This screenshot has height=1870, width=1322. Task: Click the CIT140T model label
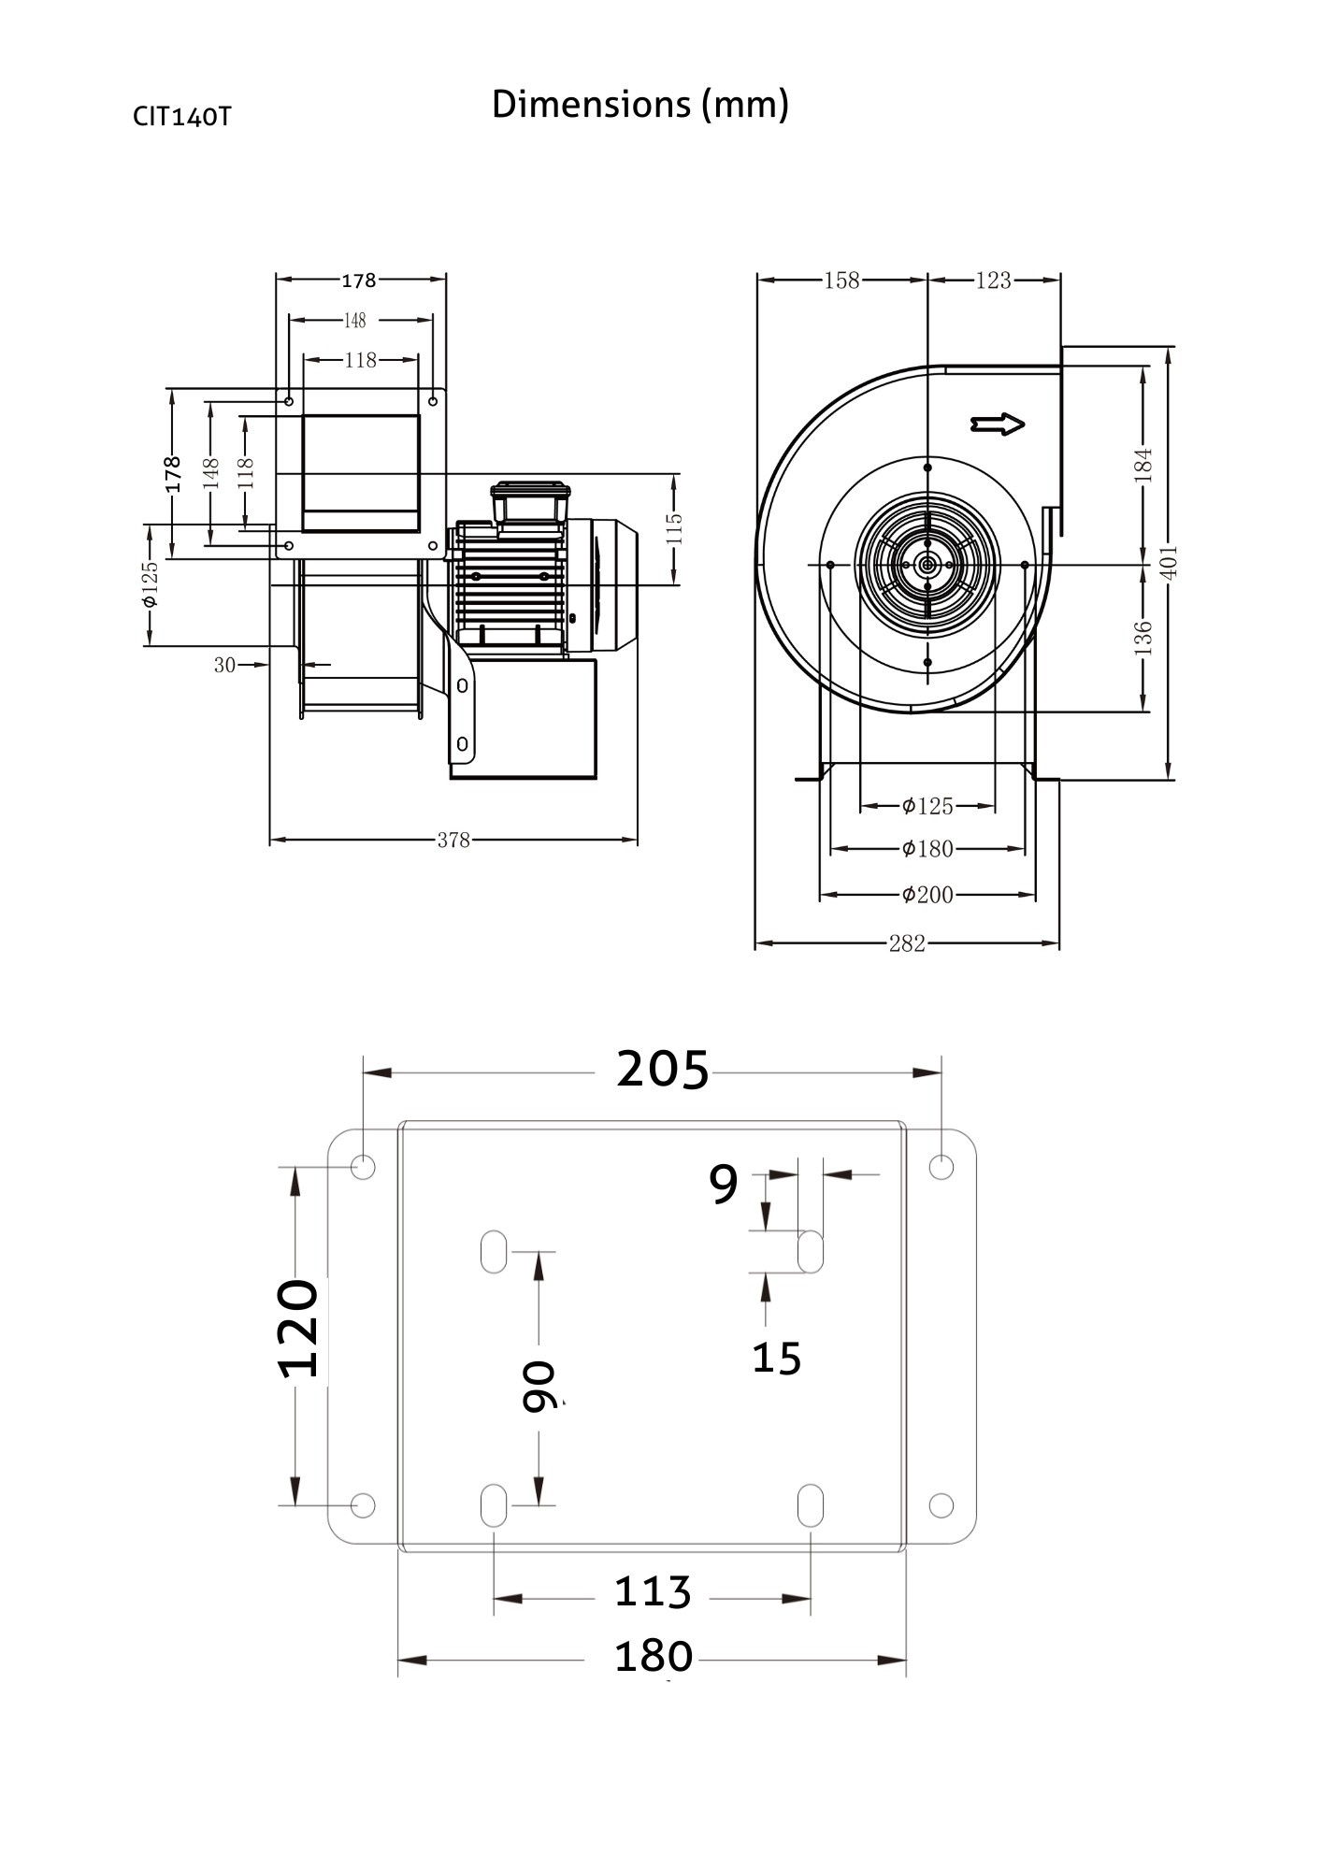click(x=181, y=117)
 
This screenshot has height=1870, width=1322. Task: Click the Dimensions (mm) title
click(x=639, y=104)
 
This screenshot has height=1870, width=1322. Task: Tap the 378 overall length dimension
click(x=453, y=840)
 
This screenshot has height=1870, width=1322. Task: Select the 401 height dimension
click(x=1170, y=562)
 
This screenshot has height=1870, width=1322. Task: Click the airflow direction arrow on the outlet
click(x=998, y=424)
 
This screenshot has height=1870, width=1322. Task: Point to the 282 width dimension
click(x=906, y=943)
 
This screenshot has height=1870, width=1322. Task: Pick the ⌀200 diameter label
click(x=927, y=895)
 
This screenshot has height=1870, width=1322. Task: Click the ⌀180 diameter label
click(x=927, y=848)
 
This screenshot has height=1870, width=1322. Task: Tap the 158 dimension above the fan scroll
click(x=841, y=280)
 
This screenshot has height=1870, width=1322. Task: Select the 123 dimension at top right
click(x=993, y=280)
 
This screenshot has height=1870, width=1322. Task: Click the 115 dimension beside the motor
click(x=675, y=528)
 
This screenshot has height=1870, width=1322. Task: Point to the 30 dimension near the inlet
click(x=224, y=665)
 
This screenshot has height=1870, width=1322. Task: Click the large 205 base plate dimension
click(x=663, y=1070)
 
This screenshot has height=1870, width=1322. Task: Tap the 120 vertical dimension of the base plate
click(x=299, y=1329)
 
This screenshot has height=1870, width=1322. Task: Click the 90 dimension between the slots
click(x=539, y=1387)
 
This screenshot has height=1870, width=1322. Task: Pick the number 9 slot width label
click(x=724, y=1185)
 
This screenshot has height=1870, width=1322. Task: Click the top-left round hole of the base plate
click(x=362, y=1167)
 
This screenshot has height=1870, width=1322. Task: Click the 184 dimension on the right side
click(x=1142, y=465)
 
